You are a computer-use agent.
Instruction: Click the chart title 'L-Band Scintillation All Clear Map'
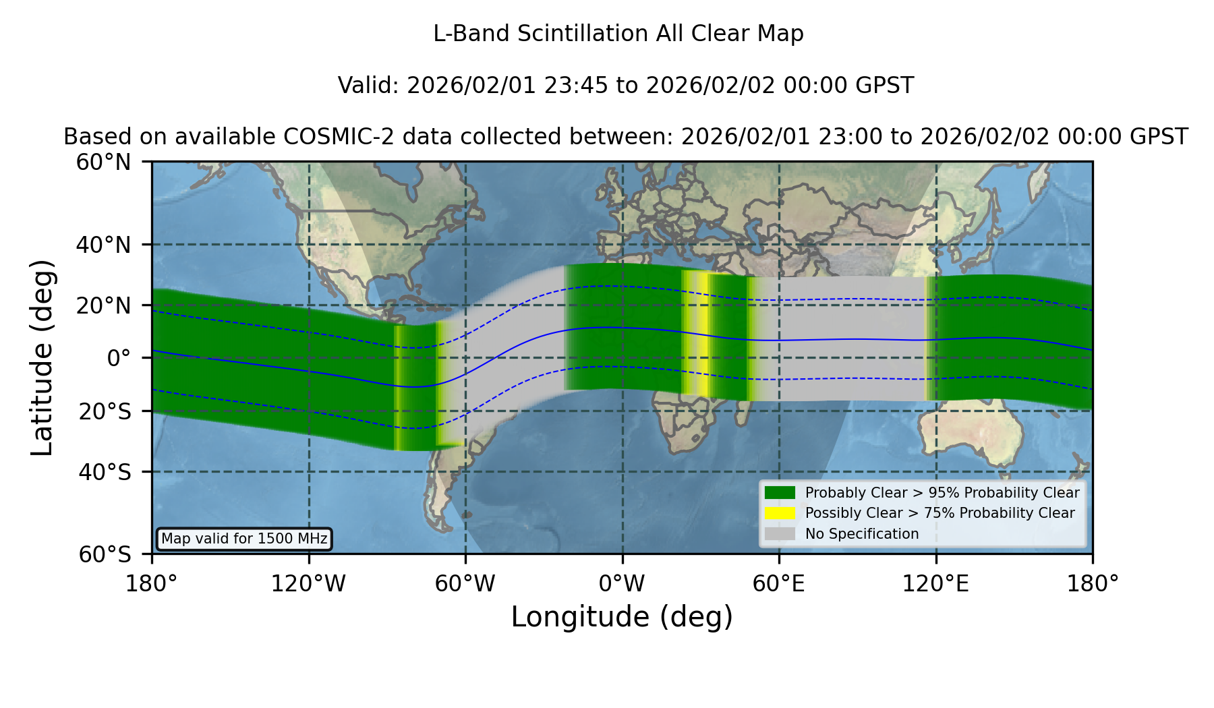tap(618, 34)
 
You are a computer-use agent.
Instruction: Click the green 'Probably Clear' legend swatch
tap(780, 492)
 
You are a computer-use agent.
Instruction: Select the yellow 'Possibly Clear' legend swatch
tap(780, 513)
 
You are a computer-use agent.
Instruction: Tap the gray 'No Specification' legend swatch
tap(780, 534)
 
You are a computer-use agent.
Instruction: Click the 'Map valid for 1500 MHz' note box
tap(244, 539)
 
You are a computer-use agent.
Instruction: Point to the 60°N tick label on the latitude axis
tap(103, 163)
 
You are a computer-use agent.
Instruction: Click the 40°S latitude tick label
tap(105, 472)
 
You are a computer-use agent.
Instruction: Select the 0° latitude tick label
tap(119, 358)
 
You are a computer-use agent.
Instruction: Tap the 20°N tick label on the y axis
tap(103, 305)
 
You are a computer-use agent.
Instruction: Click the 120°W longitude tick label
tap(308, 584)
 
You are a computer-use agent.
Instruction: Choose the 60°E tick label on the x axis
tap(779, 584)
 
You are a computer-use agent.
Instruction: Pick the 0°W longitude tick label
tap(622, 584)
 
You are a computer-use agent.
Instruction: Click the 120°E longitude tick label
tap(935, 584)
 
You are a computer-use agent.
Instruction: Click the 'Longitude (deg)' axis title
tap(622, 618)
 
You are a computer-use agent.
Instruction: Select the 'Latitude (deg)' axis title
tap(42, 357)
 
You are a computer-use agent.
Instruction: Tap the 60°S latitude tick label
tap(105, 554)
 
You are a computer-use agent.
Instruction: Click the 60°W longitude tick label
tap(465, 584)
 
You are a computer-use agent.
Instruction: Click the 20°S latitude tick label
tap(105, 411)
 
